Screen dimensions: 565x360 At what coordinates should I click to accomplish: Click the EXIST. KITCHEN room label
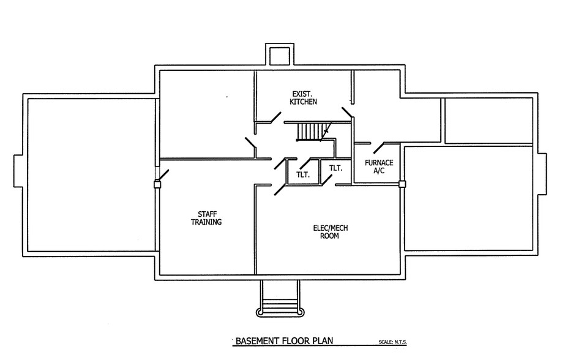[x=304, y=98]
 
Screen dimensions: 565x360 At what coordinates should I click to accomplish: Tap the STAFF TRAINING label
[x=206, y=218]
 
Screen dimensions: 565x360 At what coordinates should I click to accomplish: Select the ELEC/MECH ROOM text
[x=330, y=231]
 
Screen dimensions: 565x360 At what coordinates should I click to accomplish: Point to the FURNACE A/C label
[x=379, y=167]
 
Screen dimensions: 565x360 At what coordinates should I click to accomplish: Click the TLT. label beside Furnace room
[x=336, y=168]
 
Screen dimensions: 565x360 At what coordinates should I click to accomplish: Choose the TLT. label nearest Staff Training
[x=303, y=174]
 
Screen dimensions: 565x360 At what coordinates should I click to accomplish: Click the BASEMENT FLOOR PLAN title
[x=284, y=340]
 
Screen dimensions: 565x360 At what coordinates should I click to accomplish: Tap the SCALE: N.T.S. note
[x=393, y=342]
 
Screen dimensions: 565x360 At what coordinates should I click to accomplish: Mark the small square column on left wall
[x=157, y=184]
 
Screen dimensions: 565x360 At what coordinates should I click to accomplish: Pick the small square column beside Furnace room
[x=402, y=184]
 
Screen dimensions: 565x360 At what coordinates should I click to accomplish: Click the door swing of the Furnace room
[x=379, y=148]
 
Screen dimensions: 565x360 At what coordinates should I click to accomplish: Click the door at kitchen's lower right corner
[x=348, y=113]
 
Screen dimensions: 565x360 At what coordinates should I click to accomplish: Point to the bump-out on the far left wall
[x=18, y=171]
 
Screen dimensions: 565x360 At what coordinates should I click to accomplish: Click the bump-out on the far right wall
[x=542, y=174]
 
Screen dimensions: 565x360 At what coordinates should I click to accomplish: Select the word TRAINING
[x=206, y=222]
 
